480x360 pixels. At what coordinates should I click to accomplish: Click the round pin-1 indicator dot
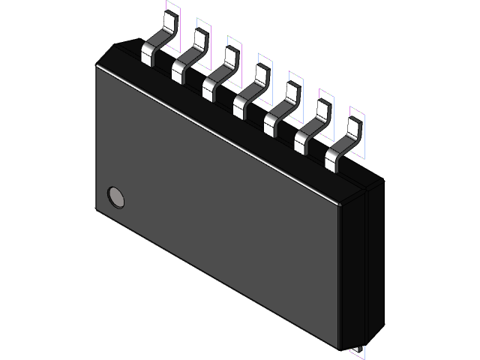tap(116, 196)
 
